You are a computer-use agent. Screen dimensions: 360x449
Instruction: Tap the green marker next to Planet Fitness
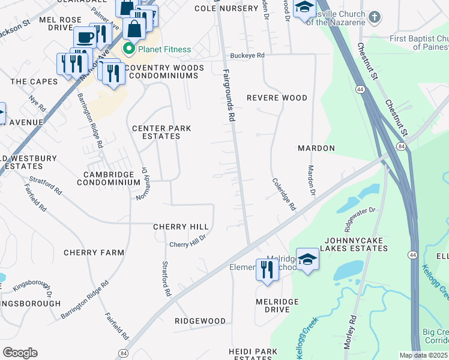tap(128, 49)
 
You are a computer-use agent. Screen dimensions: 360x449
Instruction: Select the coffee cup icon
tap(85, 37)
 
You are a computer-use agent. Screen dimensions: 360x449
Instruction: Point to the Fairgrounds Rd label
tap(228, 95)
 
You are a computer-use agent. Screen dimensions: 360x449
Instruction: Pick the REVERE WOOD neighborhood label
tap(277, 98)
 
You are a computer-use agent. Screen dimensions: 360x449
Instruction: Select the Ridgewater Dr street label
tap(359, 219)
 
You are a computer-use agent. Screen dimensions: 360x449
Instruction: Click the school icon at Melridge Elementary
tap(307, 260)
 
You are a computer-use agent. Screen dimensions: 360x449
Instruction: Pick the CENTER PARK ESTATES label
tap(157, 132)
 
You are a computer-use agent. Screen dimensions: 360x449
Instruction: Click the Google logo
tap(20, 352)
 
